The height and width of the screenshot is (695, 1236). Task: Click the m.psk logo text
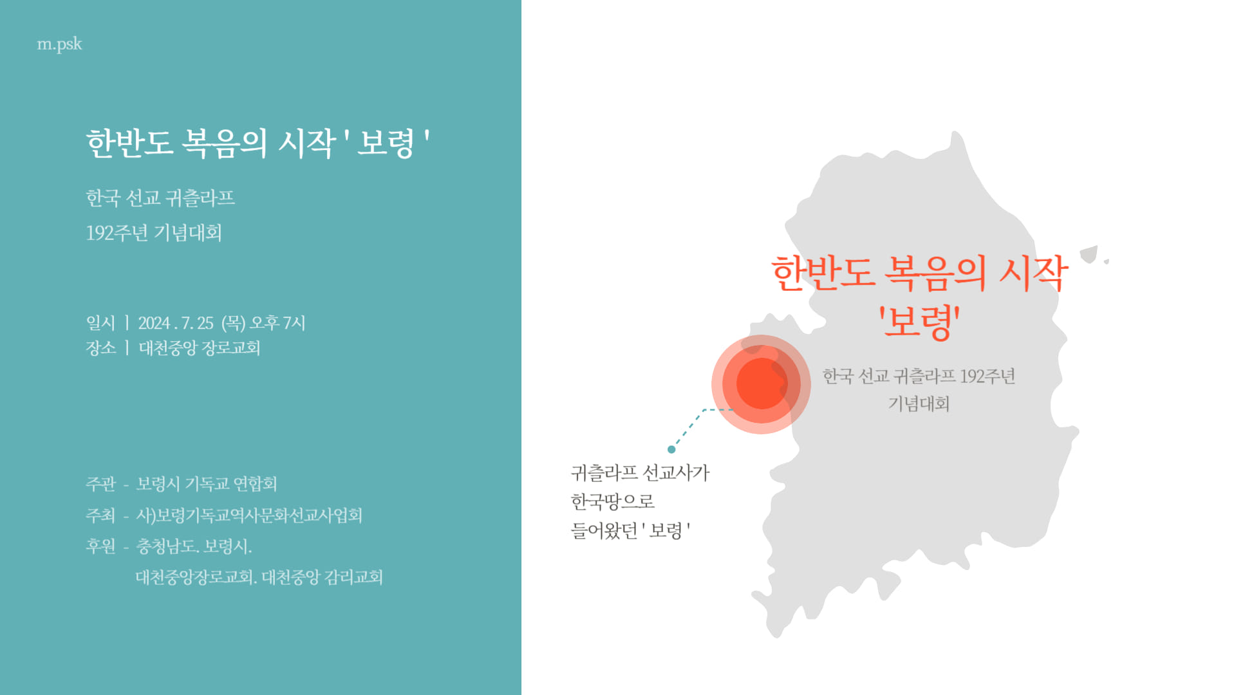pos(59,44)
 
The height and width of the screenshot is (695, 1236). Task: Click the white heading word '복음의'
pos(224,142)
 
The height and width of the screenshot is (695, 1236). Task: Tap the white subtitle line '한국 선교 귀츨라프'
pos(160,198)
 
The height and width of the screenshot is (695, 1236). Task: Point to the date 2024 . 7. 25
pos(176,322)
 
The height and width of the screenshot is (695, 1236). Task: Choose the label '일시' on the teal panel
pos(100,322)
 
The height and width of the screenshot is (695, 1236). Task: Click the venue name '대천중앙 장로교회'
pos(200,347)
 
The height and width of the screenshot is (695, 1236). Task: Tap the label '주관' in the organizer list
pos(100,483)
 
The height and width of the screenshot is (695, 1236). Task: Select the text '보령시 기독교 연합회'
pos(207,483)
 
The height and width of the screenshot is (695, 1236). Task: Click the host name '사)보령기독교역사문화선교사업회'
pos(249,515)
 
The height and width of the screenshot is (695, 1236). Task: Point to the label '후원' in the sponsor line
pos(100,546)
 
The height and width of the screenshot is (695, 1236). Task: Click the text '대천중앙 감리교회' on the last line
pos(323,577)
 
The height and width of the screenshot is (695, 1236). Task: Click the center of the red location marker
pos(762,384)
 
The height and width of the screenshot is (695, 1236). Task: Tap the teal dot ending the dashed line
pos(671,449)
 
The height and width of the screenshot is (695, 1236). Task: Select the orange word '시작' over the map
pos(1034,273)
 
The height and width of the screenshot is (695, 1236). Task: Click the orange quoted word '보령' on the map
pos(919,321)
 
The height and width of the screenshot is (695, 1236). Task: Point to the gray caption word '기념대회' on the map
pos(919,403)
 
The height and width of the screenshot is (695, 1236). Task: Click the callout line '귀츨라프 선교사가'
pos(640,473)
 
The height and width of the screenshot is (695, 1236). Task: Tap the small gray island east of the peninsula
pos(1089,254)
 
